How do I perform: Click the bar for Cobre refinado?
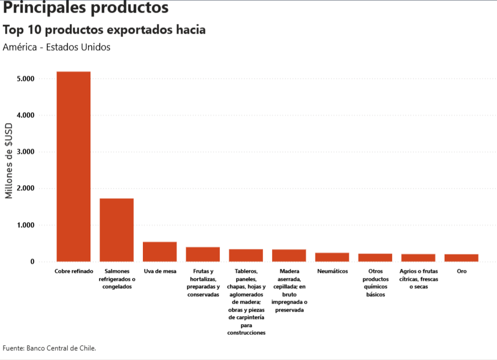(x=73, y=166)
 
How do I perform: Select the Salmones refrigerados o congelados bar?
(x=117, y=230)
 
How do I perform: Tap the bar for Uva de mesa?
(x=159, y=252)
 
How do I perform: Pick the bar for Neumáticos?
(x=332, y=257)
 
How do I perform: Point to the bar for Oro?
(x=461, y=258)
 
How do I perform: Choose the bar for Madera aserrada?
(x=289, y=256)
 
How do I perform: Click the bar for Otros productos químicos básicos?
(x=375, y=257)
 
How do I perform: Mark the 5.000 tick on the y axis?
(x=26, y=79)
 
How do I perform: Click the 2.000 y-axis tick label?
(x=26, y=189)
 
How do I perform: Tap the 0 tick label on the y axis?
(x=32, y=262)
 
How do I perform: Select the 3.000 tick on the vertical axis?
(x=26, y=152)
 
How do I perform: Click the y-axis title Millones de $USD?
(x=9, y=161)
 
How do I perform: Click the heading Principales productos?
(x=85, y=8)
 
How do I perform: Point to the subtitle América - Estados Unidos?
(x=56, y=47)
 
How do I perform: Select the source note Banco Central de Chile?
(x=50, y=347)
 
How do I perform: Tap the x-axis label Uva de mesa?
(x=159, y=272)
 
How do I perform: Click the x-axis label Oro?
(x=461, y=272)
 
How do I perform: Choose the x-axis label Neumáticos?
(x=332, y=272)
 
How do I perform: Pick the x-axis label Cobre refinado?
(x=73, y=272)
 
